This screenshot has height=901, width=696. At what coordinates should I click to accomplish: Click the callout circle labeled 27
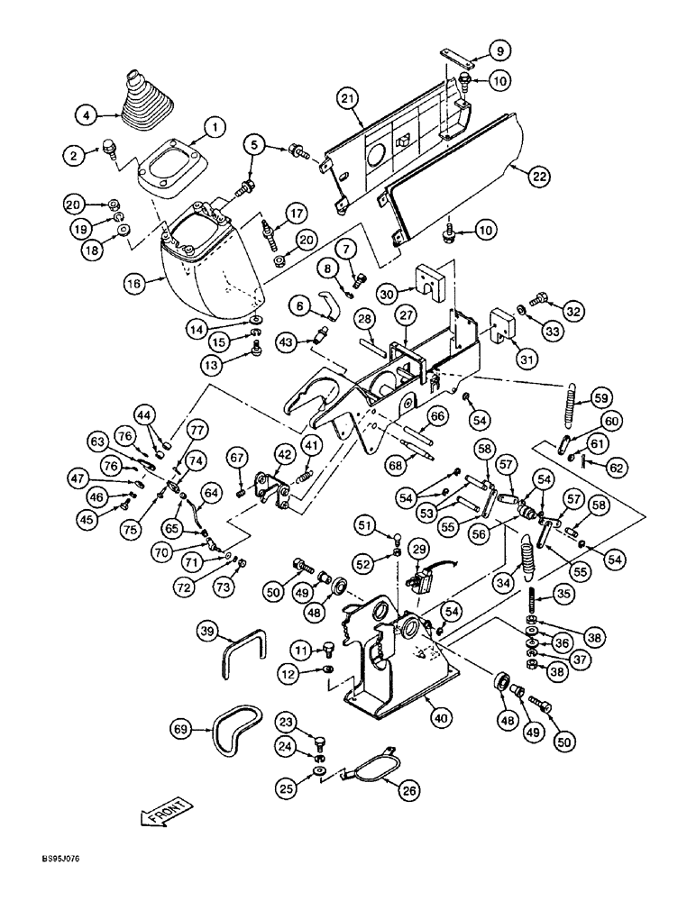(407, 314)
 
